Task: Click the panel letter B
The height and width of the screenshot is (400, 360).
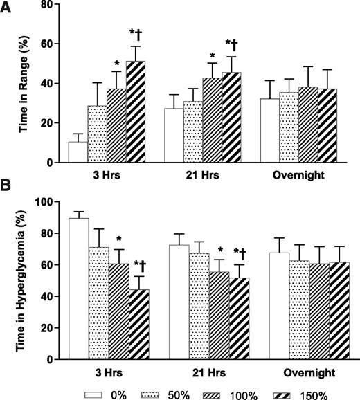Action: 8,188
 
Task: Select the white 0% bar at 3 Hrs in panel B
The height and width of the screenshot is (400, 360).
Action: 78,289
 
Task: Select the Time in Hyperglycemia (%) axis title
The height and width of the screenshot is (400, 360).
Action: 24,280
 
